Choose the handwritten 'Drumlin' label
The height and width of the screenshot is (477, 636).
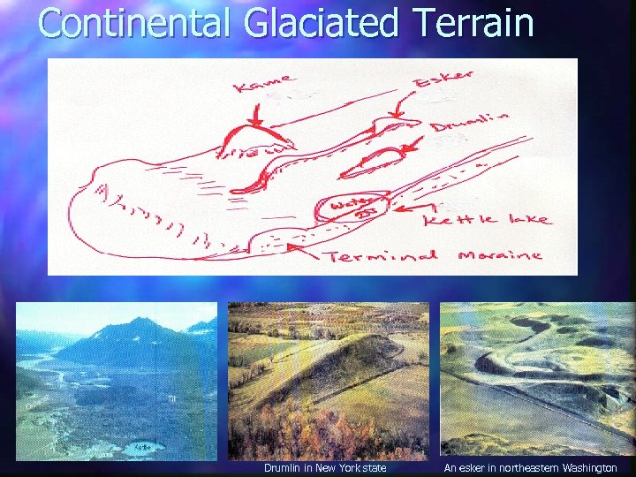click(x=470, y=122)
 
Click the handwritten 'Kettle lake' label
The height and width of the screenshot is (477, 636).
click(x=486, y=220)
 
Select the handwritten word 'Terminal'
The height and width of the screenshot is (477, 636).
click(x=382, y=256)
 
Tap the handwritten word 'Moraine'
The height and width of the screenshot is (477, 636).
click(x=500, y=255)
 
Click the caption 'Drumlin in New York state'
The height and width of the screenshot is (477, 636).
click(x=325, y=467)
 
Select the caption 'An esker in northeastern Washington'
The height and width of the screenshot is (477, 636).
click(x=530, y=467)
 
